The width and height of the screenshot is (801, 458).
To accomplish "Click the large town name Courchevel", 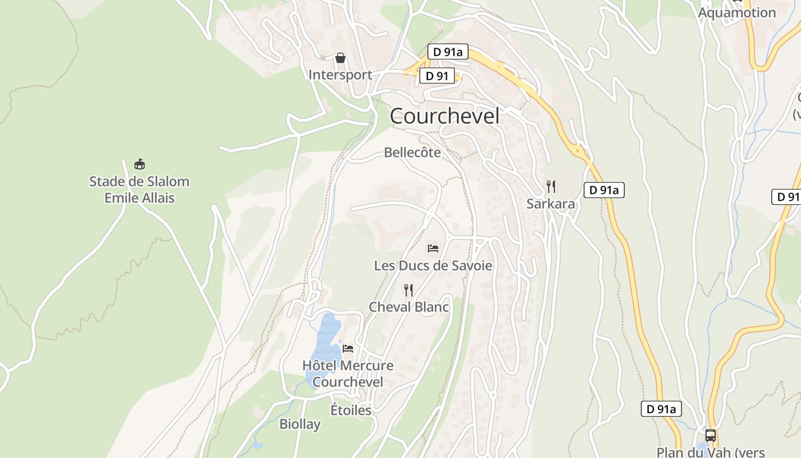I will click(445, 116).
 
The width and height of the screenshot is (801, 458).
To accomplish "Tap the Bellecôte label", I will click(413, 152).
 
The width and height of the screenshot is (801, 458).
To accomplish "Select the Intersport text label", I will click(340, 75).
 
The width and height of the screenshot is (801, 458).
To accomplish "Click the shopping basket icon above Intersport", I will click(340, 58).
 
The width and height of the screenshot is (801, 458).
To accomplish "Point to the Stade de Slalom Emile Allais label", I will click(139, 189).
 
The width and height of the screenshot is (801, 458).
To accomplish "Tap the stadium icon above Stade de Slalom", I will click(139, 164).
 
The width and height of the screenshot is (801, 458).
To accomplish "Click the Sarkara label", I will click(550, 204).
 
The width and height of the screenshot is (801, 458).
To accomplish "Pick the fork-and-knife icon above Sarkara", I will click(550, 187).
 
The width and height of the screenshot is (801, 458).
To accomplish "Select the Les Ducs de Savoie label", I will click(433, 266).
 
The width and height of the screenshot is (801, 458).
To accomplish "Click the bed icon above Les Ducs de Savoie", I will click(433, 248).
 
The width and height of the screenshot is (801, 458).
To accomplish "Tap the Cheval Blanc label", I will click(409, 307).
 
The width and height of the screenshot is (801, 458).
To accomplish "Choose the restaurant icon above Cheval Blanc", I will click(409, 290).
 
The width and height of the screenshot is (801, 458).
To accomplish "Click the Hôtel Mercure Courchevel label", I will click(348, 373).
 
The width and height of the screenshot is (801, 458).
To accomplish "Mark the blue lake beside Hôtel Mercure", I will click(324, 349).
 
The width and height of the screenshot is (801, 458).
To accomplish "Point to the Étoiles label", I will click(351, 410).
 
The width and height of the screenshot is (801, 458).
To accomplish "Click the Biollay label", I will click(300, 424).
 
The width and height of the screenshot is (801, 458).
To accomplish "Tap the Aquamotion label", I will click(737, 13).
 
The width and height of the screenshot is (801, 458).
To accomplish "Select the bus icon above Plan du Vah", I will click(710, 435).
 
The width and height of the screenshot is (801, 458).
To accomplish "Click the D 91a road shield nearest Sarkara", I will click(604, 190).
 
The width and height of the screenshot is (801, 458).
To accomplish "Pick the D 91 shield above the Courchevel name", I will click(437, 76).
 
